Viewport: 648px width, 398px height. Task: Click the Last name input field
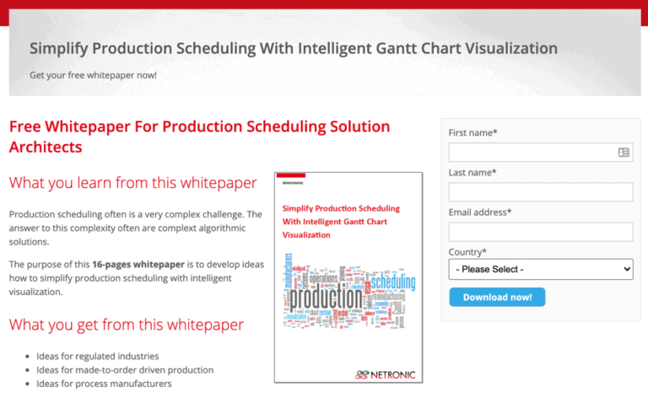[540, 192]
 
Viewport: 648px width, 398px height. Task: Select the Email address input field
[540, 232]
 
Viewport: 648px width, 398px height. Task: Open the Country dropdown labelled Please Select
[540, 269]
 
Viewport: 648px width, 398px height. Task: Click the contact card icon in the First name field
[624, 153]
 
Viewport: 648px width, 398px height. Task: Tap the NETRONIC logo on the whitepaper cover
[386, 374]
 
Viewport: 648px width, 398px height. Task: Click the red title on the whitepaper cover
[340, 221]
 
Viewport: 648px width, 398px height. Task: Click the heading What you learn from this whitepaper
[132, 183]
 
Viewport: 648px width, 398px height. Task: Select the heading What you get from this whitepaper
[126, 325]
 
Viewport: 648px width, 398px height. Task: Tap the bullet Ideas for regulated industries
[97, 357]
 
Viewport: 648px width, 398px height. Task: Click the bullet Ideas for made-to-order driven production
[124, 370]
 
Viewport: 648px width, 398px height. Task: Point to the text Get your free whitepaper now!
[93, 75]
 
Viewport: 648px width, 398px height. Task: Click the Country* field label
[467, 252]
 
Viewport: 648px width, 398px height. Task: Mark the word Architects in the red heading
[46, 148]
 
